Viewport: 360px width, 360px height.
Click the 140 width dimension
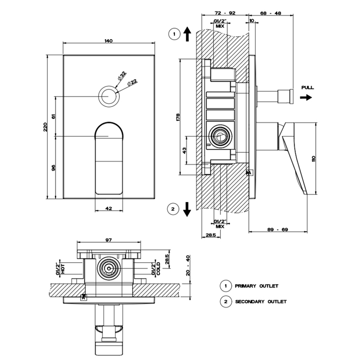pos(108,41)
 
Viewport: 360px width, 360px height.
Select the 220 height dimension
pos(45,126)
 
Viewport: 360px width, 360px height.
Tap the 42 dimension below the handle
pos(109,208)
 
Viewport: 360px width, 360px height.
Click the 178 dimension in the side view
pos(177,117)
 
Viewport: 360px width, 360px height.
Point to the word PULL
pos(308,88)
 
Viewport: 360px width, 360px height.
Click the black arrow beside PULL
pos(306,97)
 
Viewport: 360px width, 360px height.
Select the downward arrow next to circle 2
pos(187,209)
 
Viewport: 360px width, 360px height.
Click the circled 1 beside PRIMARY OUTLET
pos(225,285)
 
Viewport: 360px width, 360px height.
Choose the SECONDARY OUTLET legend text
pos(261,302)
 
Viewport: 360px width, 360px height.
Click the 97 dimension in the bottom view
pos(109,240)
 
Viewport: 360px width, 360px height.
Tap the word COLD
pos(158,268)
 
